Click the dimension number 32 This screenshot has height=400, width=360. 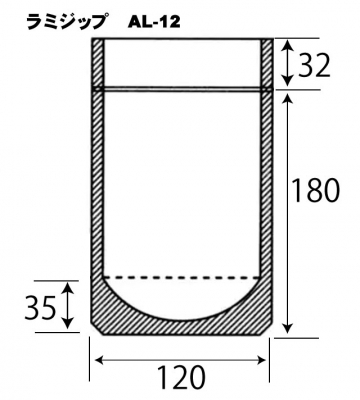click(x=314, y=65)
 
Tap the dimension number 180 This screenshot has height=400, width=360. click(x=316, y=191)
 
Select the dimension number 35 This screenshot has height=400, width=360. click(x=40, y=308)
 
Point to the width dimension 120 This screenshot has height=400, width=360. click(x=180, y=378)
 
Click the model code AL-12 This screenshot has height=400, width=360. click(x=154, y=23)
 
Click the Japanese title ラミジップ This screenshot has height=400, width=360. click(x=68, y=22)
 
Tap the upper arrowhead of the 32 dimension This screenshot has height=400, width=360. click(x=287, y=46)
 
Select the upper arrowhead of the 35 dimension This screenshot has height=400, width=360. click(x=68, y=288)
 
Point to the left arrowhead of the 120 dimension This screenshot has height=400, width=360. click(x=101, y=360)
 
